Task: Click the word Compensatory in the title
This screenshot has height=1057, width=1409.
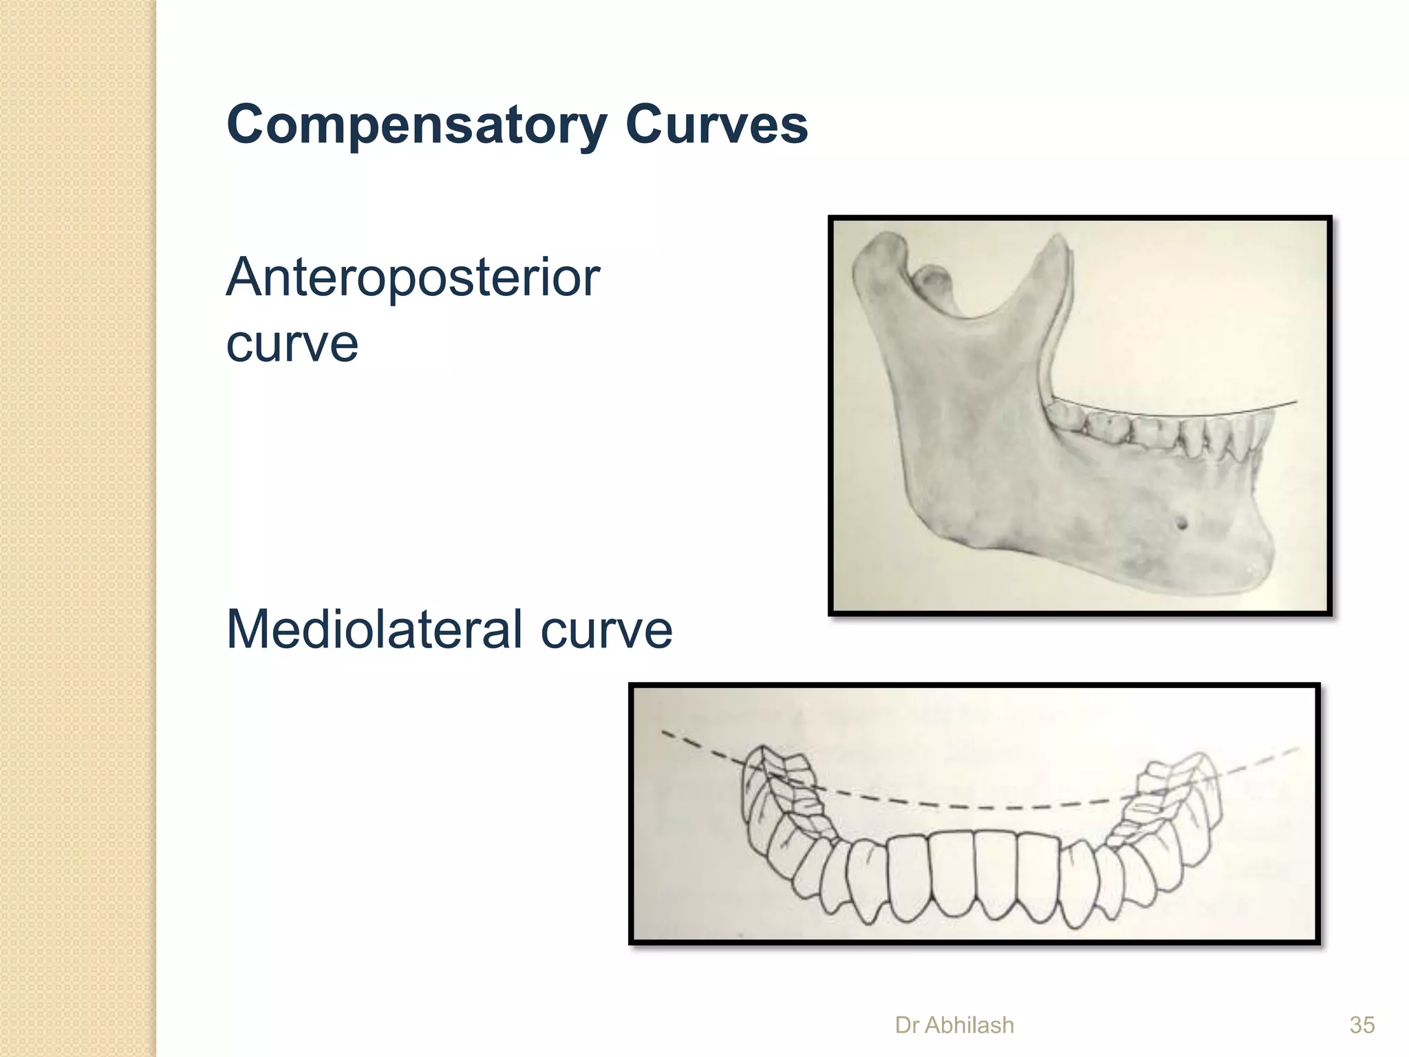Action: tap(416, 126)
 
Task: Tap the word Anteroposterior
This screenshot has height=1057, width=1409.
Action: tap(413, 279)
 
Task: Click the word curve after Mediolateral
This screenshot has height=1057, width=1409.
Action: tap(606, 630)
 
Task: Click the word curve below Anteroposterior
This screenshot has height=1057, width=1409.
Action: tap(292, 344)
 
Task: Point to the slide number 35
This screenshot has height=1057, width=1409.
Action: tap(1362, 1025)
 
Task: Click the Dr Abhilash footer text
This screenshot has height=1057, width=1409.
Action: tap(954, 1025)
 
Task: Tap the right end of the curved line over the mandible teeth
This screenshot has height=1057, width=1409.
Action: tap(1296, 402)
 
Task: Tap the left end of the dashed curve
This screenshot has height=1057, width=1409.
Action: tap(663, 732)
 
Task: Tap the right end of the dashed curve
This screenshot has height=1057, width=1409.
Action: tap(1298, 749)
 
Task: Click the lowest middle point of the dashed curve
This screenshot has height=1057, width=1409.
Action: tap(991, 807)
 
